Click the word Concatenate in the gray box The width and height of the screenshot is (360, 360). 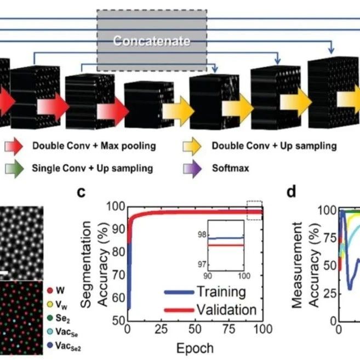point(152,41)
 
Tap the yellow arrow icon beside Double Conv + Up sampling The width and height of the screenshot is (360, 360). point(192,146)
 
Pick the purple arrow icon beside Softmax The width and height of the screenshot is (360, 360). point(192,168)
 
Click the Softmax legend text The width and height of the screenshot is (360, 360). point(230,168)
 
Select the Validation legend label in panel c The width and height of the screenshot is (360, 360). point(225,310)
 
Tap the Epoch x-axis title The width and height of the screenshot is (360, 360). point(195,348)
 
